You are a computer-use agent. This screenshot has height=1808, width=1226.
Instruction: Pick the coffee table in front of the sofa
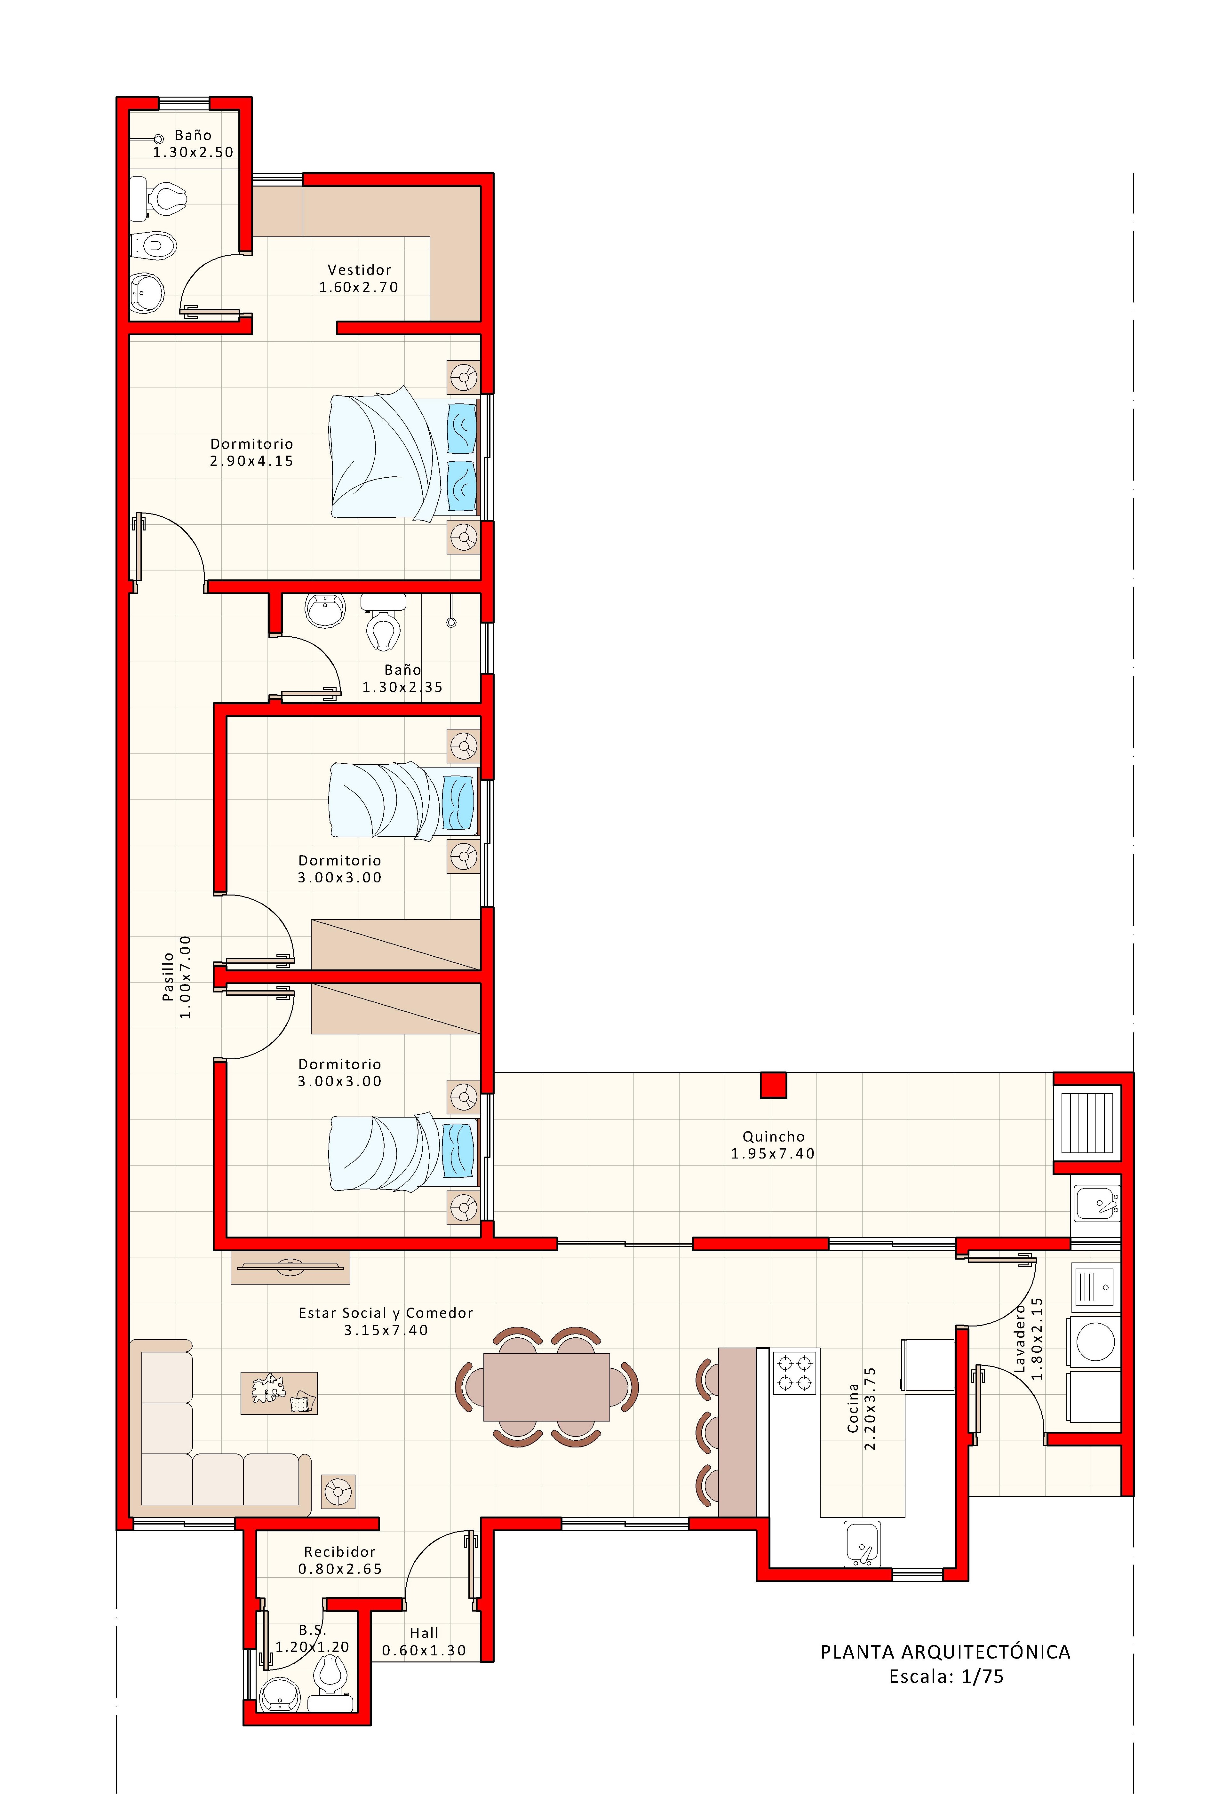278,1393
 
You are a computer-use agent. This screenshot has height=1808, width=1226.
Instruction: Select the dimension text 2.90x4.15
251,461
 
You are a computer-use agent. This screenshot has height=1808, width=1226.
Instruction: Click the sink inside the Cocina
862,1543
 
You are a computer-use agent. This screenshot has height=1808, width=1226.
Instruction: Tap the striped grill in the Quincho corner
1087,1123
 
